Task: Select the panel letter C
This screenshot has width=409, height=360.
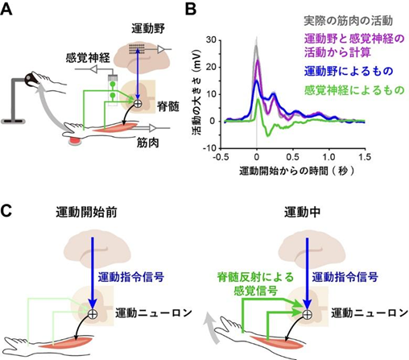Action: pyautogui.click(x=6, y=210)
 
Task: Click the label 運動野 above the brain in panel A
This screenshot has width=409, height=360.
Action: pyautogui.click(x=148, y=29)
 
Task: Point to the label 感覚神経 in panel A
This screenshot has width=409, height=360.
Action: pyautogui.click(x=88, y=58)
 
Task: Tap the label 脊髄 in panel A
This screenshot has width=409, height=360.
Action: pyautogui.click(x=168, y=106)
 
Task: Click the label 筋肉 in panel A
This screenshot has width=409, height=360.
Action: pyautogui.click(x=148, y=143)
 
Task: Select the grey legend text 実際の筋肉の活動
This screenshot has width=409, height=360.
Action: pyautogui.click(x=348, y=21)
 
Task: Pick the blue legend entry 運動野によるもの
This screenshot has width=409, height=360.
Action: pyautogui.click(x=349, y=71)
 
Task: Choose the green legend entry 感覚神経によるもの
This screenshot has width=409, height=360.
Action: pyautogui.click(x=354, y=90)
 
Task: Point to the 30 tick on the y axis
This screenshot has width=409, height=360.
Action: pyautogui.click(x=211, y=40)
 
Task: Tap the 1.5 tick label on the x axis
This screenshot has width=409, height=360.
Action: pyautogui.click(x=364, y=157)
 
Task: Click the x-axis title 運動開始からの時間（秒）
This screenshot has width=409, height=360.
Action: pyautogui.click(x=296, y=171)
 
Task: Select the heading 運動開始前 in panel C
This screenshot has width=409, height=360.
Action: pyautogui.click(x=86, y=213)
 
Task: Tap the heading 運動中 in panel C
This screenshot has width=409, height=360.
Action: pyautogui.click(x=303, y=213)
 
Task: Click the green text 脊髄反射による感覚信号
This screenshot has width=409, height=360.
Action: pyautogui.click(x=255, y=284)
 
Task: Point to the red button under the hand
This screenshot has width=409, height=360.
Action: pyautogui.click(x=74, y=141)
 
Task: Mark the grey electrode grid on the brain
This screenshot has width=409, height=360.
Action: pyautogui.click(x=137, y=48)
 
